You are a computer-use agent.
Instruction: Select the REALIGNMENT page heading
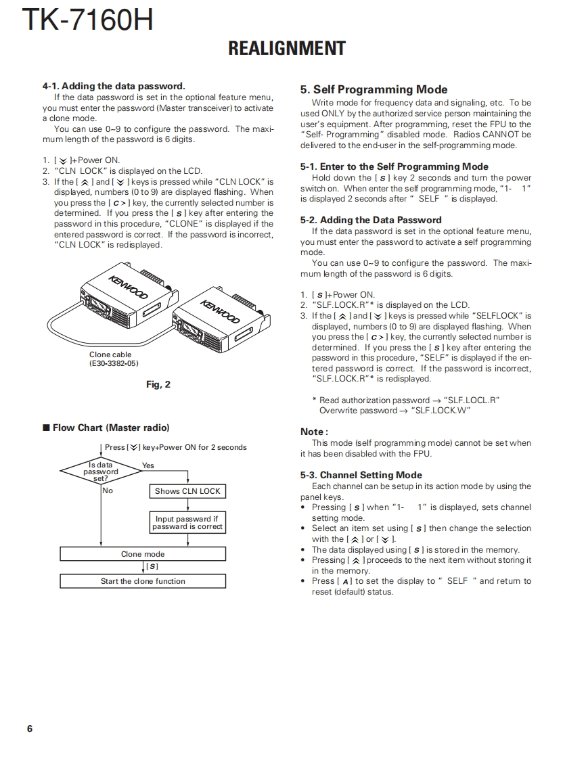[287, 49]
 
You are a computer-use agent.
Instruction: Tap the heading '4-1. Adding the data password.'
[114, 86]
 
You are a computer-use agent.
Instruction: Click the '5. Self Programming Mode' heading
[374, 89]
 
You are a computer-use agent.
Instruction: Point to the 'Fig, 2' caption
[158, 384]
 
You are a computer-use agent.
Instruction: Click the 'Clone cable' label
[110, 354]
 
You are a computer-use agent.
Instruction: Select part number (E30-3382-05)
[114, 363]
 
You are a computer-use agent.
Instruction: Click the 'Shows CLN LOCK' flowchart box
[187, 491]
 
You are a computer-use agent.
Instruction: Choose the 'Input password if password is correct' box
[187, 522]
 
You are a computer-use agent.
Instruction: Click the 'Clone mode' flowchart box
[143, 554]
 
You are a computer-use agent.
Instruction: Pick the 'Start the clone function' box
[143, 581]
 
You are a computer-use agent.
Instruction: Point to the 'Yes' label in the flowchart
[148, 465]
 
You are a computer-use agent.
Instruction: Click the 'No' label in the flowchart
[108, 490]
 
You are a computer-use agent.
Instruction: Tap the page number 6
[30, 729]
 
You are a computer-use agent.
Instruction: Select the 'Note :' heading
[314, 432]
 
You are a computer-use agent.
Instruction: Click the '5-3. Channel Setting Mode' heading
[361, 475]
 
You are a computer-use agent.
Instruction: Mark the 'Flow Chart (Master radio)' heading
[111, 428]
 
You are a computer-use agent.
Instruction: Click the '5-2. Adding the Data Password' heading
[371, 220]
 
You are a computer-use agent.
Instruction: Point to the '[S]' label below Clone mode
[152, 566]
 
